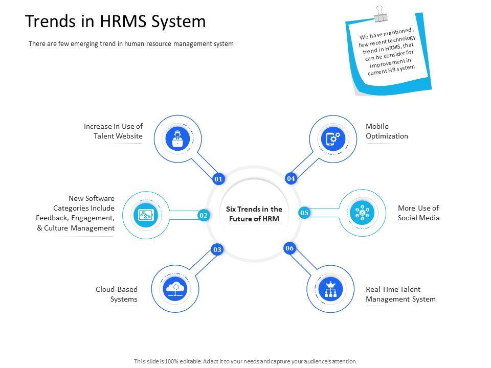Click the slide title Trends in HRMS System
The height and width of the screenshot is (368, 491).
click(x=116, y=21)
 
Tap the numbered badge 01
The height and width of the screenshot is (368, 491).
click(x=218, y=179)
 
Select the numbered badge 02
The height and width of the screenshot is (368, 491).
click(x=204, y=216)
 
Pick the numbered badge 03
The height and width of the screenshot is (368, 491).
click(x=217, y=249)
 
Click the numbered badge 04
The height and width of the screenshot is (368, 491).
click(x=291, y=178)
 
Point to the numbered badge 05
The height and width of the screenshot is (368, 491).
click(x=304, y=213)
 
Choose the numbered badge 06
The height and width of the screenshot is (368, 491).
click(x=289, y=248)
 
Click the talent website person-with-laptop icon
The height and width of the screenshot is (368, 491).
click(x=177, y=139)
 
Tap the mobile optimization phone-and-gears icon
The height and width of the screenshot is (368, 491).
click(x=333, y=139)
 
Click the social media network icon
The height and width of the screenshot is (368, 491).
click(x=362, y=212)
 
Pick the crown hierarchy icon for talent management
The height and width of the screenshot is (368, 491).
click(x=330, y=289)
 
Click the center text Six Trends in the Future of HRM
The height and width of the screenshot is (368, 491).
click(x=254, y=214)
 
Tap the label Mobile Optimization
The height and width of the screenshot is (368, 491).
click(x=387, y=131)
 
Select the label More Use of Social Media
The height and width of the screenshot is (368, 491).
click(x=418, y=213)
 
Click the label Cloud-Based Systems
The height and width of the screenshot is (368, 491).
click(x=117, y=294)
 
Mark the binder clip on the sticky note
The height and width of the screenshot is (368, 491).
click(x=380, y=14)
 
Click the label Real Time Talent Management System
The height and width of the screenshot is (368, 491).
click(x=400, y=294)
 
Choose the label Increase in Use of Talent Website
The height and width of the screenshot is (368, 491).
click(x=113, y=131)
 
